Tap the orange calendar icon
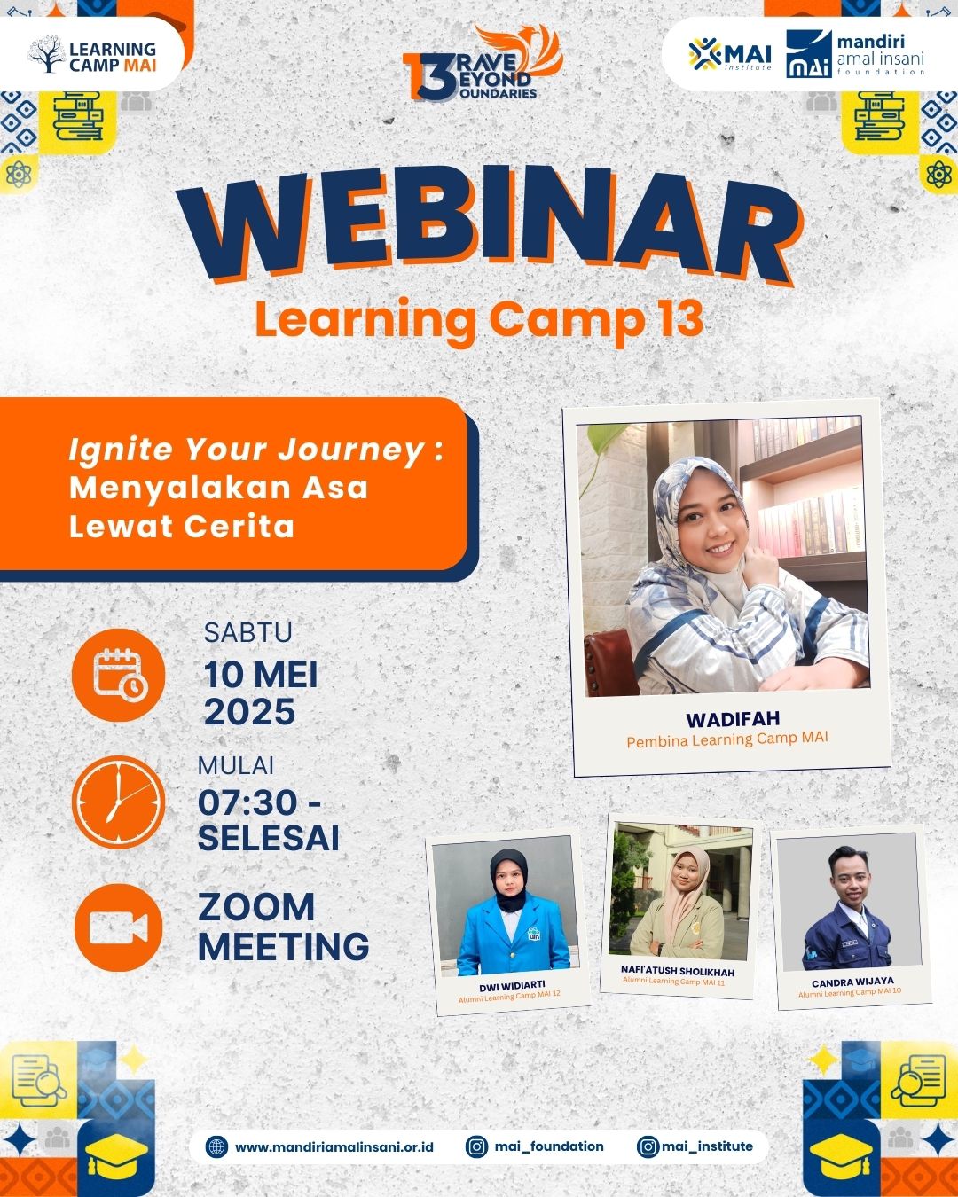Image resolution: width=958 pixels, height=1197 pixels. point(119,676)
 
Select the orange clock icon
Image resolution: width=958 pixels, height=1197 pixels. point(119,802)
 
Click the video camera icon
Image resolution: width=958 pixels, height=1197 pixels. point(119,927)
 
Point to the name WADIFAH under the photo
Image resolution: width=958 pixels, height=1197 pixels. point(733,720)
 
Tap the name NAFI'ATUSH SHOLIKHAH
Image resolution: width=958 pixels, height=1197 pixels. point(678,971)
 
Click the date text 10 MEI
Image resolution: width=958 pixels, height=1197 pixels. point(261,675)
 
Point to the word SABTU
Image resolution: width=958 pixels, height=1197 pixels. point(247,632)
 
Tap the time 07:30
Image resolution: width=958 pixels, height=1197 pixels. point(247,802)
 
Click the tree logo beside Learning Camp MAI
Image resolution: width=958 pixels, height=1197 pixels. point(47,54)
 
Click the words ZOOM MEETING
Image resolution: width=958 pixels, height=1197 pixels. point(283,927)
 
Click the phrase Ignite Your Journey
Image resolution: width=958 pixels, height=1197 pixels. point(247,450)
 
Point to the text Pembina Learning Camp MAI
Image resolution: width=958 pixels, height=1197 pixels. point(727,739)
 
